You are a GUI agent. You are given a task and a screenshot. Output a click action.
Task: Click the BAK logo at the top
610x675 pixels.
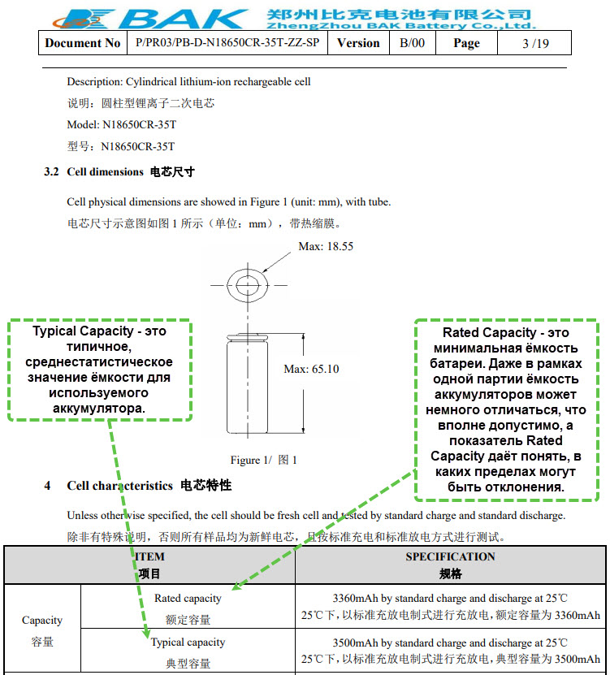(x=146, y=16)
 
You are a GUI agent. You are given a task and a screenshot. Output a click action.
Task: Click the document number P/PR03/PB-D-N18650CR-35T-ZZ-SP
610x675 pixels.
(x=227, y=43)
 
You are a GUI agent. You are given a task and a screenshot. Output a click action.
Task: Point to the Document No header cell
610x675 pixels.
(x=83, y=43)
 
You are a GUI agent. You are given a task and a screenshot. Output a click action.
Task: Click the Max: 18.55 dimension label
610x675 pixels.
(x=326, y=246)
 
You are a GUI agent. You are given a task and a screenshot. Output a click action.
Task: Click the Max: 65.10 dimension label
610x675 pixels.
(x=311, y=369)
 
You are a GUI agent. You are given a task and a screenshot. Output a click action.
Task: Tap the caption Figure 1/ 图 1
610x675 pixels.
(x=263, y=460)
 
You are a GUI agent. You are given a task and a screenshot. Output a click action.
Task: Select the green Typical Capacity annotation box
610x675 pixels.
(x=100, y=370)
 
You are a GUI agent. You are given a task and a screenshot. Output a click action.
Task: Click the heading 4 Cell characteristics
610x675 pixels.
(x=138, y=486)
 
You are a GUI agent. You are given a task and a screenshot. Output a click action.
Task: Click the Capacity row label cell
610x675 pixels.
(x=42, y=630)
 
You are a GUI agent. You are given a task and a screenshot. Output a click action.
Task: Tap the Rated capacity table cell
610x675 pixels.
(x=188, y=608)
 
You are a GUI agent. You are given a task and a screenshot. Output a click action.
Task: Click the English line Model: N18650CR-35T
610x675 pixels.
(x=121, y=125)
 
